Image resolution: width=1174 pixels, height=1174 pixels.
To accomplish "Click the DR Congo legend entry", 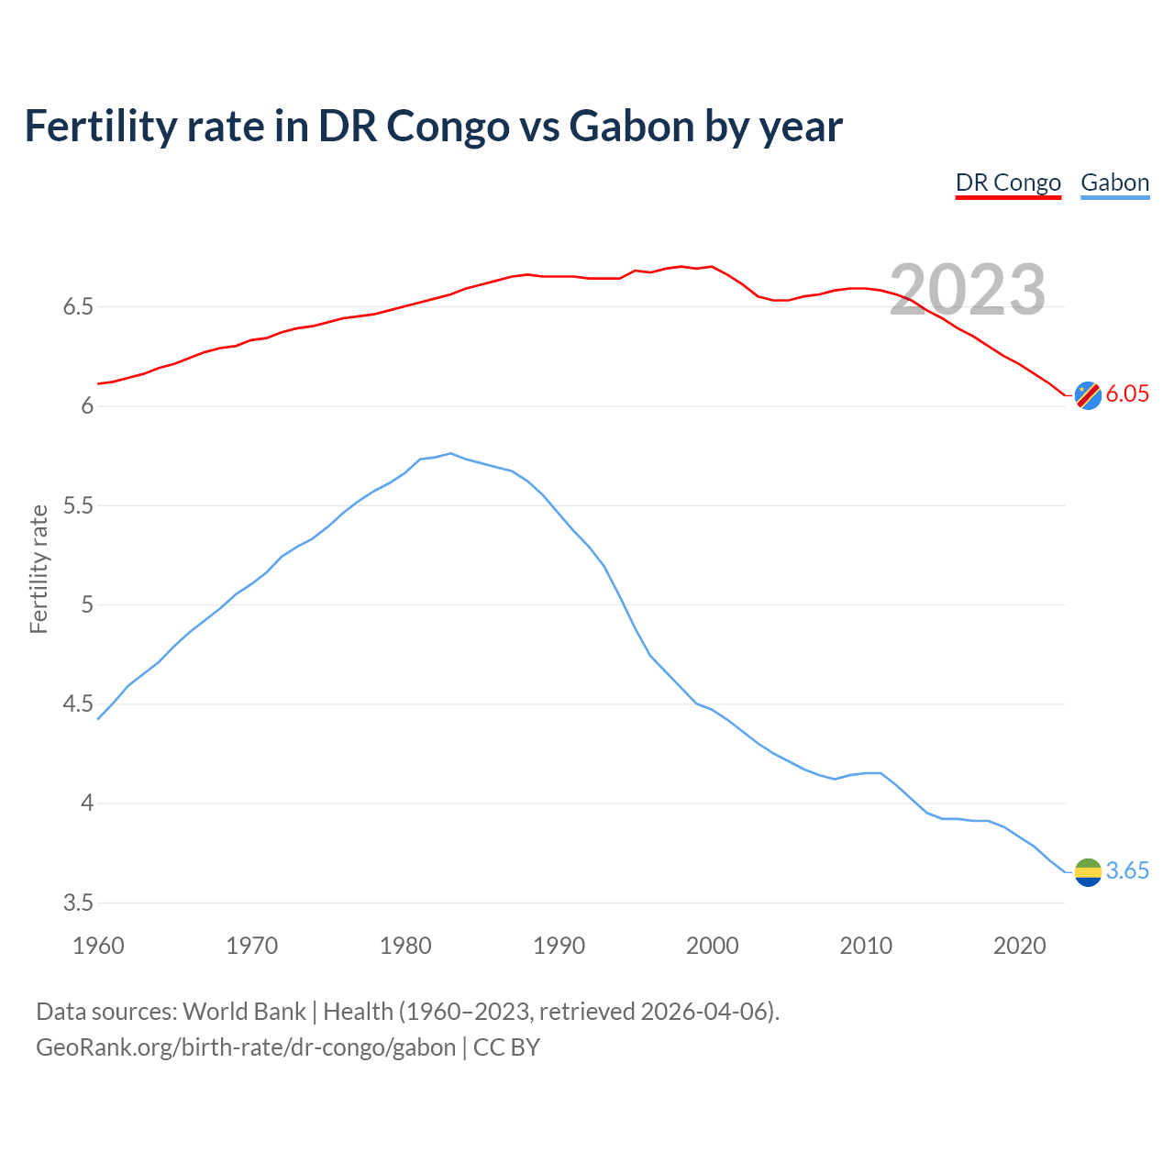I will (1008, 183).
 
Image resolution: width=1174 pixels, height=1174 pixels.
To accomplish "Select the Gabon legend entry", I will (1114, 183).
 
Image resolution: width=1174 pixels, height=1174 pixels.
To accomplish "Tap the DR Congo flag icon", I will (1088, 394).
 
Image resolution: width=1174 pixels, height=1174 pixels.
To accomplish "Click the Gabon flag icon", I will (1088, 871).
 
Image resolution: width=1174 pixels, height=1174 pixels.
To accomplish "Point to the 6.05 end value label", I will (1127, 394).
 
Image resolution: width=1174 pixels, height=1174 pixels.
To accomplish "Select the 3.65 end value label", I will (1127, 871).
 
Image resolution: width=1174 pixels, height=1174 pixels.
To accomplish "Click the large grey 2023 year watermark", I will (968, 290).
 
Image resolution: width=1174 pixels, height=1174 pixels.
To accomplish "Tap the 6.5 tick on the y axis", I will (79, 306).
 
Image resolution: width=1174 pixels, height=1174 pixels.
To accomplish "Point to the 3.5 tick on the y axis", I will (79, 903).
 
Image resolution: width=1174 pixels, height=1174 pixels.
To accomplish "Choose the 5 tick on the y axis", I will (87, 604).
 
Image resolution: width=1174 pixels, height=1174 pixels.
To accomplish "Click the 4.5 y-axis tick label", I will (79, 704).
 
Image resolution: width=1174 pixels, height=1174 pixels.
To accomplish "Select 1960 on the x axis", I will (98, 946).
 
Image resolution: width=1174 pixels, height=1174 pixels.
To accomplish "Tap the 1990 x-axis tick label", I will (559, 946).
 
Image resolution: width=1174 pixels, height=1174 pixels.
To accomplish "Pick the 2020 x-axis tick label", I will (1019, 946).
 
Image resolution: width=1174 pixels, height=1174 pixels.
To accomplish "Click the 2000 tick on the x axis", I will (712, 946).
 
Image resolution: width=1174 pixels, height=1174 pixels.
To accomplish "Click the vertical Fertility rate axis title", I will (39, 569).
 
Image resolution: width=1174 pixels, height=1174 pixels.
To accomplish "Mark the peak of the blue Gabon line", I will (450, 453).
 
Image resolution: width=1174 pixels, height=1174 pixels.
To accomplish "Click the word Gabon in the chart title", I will (631, 127).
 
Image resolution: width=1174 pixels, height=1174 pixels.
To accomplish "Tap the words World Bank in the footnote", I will (244, 1012).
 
